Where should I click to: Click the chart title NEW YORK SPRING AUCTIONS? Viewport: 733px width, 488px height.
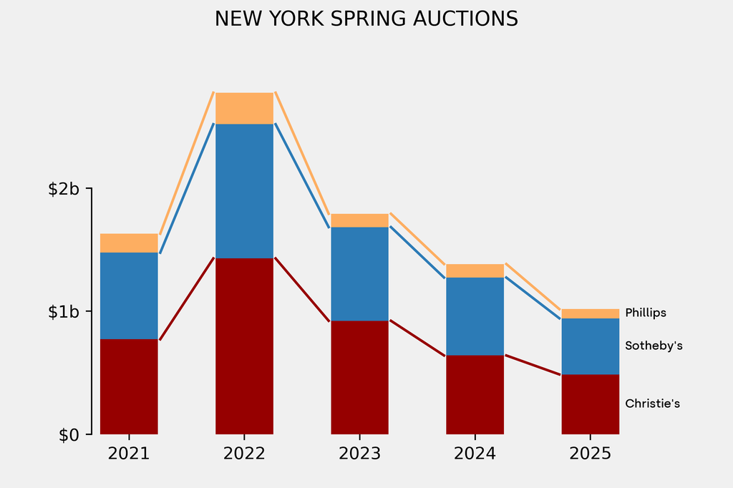click(366, 19)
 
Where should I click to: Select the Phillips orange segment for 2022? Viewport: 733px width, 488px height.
click(244, 108)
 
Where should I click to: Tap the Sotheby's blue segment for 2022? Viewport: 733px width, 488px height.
click(244, 191)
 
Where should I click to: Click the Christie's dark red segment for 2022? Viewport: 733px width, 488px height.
click(244, 346)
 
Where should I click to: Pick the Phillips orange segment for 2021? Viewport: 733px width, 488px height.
click(129, 243)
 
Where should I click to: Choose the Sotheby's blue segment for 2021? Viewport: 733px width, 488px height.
click(129, 296)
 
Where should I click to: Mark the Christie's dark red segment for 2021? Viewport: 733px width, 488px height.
click(129, 386)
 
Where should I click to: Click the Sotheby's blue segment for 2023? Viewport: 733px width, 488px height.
click(359, 274)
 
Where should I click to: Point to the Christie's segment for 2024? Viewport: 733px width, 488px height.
click(475, 394)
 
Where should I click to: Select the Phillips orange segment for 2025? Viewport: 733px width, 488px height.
click(590, 313)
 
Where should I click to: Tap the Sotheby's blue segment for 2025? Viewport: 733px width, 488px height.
click(590, 346)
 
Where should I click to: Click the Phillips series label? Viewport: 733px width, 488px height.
click(645, 313)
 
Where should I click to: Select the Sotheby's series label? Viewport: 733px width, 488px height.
click(654, 346)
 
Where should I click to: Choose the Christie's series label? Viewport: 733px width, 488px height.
click(652, 404)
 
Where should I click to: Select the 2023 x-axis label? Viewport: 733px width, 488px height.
click(359, 454)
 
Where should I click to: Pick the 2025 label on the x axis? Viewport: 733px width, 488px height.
click(590, 454)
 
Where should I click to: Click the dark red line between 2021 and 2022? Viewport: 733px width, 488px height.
click(187, 298)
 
